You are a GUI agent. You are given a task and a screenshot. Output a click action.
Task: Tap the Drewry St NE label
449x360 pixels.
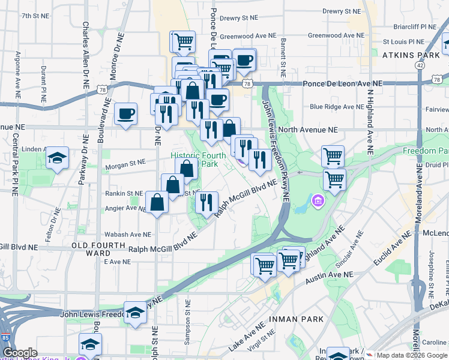(x=340, y=11)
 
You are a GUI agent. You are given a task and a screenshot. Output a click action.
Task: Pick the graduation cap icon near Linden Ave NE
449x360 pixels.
(x=57, y=158)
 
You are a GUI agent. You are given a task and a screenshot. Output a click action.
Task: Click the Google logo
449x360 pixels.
(x=20, y=353)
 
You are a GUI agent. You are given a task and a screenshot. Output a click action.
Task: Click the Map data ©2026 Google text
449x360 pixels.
(x=411, y=355)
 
